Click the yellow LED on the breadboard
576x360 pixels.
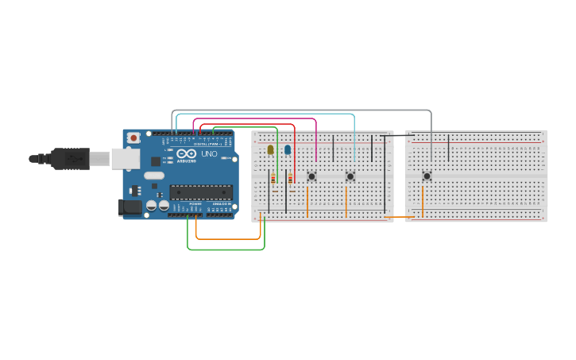(x=270, y=149)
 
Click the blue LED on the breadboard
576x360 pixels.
(x=288, y=149)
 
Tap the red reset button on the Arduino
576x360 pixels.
(x=133, y=137)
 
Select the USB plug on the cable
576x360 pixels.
(x=75, y=159)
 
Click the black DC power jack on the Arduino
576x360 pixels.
(x=130, y=208)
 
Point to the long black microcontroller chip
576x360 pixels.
(x=201, y=192)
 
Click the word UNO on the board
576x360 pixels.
(x=209, y=154)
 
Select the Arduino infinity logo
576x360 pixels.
(x=187, y=154)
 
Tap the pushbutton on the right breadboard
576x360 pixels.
(x=427, y=176)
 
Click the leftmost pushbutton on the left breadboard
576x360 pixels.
(x=311, y=176)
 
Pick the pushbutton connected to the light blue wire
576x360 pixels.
(x=350, y=176)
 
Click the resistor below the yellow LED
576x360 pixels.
(x=273, y=180)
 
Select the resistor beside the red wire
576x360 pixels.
(x=291, y=180)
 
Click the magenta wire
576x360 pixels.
(x=254, y=119)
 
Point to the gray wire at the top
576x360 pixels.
(x=302, y=110)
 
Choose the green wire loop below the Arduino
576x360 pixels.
(x=226, y=250)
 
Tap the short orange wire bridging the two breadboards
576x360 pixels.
(x=399, y=216)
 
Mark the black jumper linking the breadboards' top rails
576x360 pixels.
(x=397, y=135)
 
